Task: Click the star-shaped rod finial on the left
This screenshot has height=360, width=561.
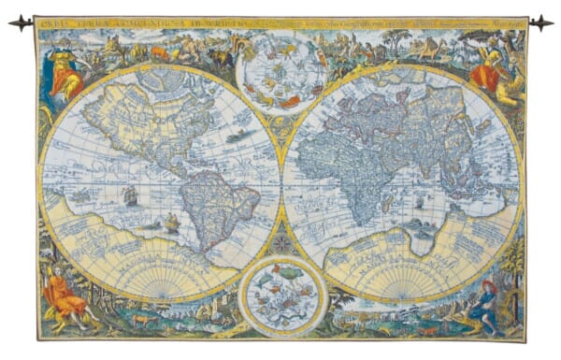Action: pyautogui.click(x=21, y=22)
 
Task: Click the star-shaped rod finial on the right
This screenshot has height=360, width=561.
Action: pyautogui.click(x=540, y=22)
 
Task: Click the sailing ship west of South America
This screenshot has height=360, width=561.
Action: pyautogui.click(x=130, y=195)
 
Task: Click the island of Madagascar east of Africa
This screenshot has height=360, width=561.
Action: pyautogui.click(x=385, y=203)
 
